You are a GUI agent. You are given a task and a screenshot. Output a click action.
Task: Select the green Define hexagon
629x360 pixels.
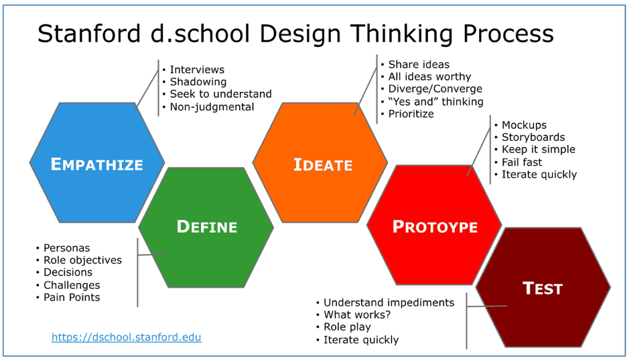click(x=206, y=227)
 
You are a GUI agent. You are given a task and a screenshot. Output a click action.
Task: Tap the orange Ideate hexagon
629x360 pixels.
click(x=322, y=164)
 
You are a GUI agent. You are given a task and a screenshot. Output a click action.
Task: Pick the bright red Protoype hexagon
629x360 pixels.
click(x=435, y=227)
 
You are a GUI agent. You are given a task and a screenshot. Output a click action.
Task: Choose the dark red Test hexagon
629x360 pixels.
click(x=543, y=288)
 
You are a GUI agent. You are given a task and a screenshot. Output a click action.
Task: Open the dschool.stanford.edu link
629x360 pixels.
click(x=126, y=337)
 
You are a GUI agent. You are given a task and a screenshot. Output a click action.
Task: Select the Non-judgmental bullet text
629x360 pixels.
click(x=212, y=107)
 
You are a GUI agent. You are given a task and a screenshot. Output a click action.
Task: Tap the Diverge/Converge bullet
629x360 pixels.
click(x=435, y=88)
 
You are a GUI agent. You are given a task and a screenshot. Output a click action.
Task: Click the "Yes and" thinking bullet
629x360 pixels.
click(x=435, y=101)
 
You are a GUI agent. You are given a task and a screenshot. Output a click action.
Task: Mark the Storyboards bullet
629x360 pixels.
click(x=533, y=137)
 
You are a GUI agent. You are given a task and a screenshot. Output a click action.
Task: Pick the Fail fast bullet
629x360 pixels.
click(x=522, y=162)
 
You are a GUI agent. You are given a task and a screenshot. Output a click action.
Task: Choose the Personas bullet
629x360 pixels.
click(x=66, y=248)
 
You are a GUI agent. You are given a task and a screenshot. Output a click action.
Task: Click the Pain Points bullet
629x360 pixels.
click(x=72, y=297)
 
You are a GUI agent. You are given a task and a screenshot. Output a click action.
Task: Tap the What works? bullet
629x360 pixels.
click(x=356, y=314)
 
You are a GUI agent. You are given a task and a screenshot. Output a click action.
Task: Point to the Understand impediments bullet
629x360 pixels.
click(x=389, y=302)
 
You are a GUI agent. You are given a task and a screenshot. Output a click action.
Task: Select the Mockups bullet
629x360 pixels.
click(x=524, y=125)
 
